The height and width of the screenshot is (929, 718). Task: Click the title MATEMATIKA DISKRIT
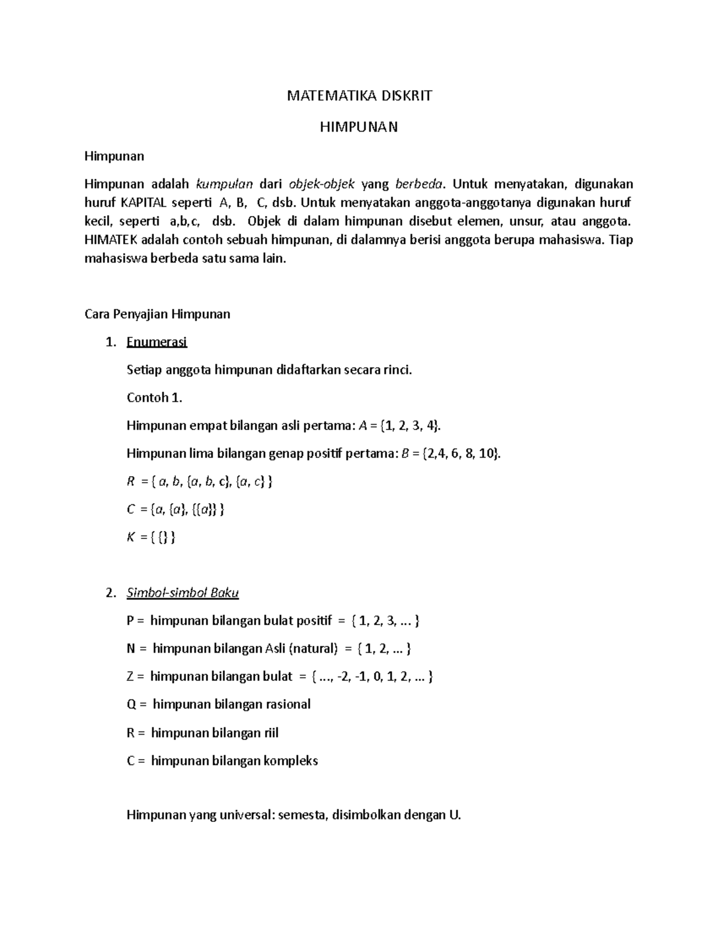coord(359,96)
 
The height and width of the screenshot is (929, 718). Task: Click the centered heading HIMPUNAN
coord(359,127)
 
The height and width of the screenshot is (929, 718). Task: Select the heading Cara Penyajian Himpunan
coord(157,314)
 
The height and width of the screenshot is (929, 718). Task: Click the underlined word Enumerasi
coord(157,342)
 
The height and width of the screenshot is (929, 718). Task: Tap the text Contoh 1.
coord(154,398)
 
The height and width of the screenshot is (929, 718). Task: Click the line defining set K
coord(151,537)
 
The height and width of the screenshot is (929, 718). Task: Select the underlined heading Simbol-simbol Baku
coord(182,593)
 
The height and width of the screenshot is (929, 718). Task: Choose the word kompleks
coord(291,761)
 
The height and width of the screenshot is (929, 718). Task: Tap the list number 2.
coord(109,593)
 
